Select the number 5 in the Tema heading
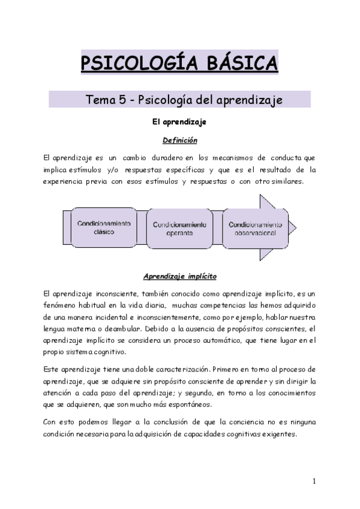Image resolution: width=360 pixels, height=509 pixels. pyautogui.click(x=124, y=99)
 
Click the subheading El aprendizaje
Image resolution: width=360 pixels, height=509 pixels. pyautogui.click(x=179, y=122)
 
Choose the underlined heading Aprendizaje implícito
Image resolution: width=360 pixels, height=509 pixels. pyautogui.click(x=180, y=277)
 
